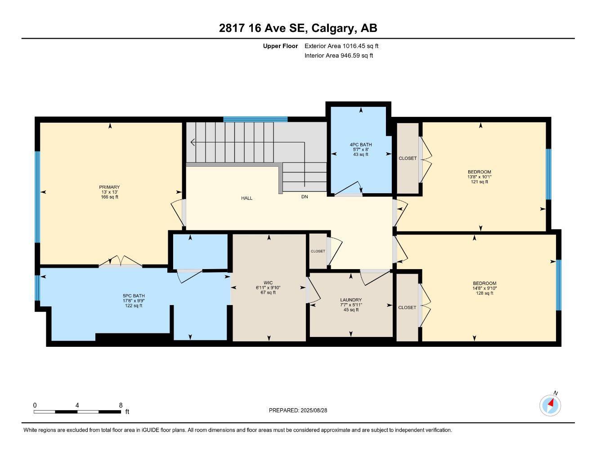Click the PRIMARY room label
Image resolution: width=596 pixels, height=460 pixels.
[110, 187]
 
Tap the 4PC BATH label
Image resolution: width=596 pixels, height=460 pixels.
[361, 145]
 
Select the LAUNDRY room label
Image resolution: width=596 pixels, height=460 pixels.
[351, 300]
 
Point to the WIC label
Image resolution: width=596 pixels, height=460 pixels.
[268, 283]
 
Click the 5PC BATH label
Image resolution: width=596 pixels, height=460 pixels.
[134, 296]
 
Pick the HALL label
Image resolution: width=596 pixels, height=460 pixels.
[246, 198]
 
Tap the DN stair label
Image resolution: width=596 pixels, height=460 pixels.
[305, 197]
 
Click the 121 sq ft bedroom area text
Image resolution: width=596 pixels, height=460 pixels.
[479, 181]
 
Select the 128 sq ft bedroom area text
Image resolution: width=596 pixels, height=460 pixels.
[484, 293]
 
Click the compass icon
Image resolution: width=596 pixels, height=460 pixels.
[550, 406]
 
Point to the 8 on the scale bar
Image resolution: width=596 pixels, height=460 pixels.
[121, 405]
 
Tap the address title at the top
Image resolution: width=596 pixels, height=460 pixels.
[298, 28]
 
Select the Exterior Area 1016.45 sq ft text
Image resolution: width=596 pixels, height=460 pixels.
[341, 46]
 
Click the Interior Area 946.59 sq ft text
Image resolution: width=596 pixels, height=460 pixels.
[339, 56]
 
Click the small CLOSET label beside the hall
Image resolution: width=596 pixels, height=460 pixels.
[318, 251]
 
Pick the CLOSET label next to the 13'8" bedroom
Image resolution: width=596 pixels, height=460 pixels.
[408, 158]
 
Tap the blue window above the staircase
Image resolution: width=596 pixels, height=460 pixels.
[255, 119]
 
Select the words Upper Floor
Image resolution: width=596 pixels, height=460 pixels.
[280, 46]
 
